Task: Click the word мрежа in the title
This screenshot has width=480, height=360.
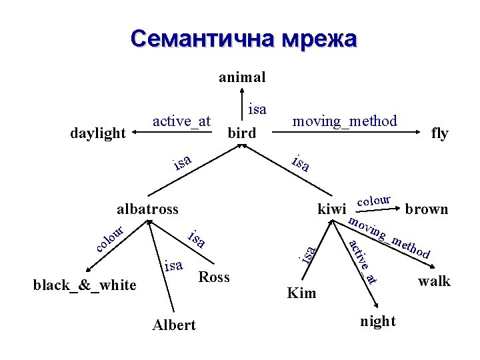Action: point(319,39)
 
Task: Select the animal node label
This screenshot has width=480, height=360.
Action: point(242,77)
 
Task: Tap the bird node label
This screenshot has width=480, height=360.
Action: point(242,133)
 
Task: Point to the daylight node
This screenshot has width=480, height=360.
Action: point(98,133)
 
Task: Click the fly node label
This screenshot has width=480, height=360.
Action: point(440,133)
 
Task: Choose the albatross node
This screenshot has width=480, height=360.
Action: point(147,209)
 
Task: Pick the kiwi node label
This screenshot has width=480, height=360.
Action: point(331,209)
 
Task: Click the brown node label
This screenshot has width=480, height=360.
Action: point(427,209)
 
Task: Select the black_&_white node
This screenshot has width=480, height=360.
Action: point(85,285)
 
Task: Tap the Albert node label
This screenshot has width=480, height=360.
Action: point(174,325)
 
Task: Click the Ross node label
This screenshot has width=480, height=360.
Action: point(214,277)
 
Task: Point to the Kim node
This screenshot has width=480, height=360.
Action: point(301,293)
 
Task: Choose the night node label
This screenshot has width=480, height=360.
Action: point(378,321)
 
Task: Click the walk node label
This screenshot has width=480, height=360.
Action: point(434,281)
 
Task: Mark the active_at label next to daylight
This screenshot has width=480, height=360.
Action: point(181,121)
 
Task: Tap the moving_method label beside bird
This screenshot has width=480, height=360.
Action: point(345,121)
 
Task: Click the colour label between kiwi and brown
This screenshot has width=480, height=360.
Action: point(374,199)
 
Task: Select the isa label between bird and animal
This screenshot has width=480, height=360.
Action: point(257,109)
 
